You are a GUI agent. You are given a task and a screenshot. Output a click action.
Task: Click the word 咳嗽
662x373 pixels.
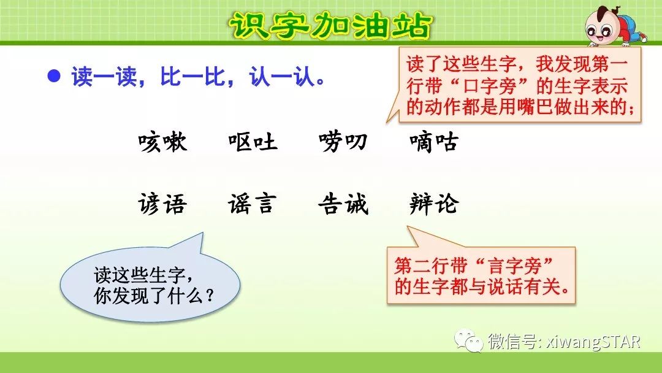(162, 143)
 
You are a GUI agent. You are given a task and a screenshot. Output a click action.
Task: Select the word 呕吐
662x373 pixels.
(253, 143)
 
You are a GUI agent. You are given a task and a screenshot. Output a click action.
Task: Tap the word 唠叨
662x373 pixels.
(343, 143)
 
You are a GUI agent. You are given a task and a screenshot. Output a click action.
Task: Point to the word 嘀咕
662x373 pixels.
(433, 143)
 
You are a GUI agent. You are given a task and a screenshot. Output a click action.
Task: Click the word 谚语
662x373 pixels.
(162, 204)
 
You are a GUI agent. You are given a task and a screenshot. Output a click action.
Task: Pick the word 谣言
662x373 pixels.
(253, 204)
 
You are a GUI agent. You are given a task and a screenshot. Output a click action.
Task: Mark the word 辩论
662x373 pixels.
(433, 204)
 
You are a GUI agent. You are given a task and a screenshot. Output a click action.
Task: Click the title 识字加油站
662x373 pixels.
(330, 25)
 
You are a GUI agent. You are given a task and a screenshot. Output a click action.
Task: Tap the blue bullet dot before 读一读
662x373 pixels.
(55, 76)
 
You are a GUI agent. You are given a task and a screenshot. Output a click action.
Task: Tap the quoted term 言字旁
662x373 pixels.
(515, 266)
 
